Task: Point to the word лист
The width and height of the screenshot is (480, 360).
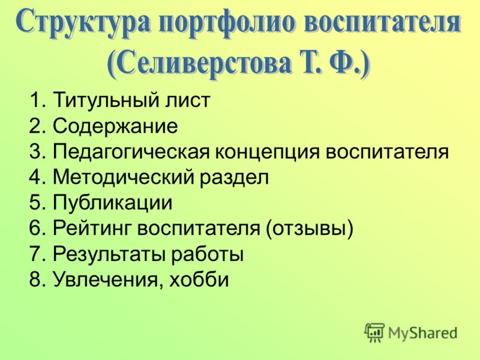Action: coord(188,100)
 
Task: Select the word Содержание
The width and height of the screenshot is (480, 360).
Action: coord(115,125)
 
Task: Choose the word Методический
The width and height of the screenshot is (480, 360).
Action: coord(124,177)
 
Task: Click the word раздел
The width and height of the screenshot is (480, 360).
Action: coord(235,178)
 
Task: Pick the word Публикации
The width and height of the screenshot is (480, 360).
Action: coord(113,203)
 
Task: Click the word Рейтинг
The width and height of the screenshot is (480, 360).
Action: coord(92,229)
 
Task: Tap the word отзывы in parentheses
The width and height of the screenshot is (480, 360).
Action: coord(310,229)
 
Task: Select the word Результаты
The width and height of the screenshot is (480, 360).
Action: coord(109,254)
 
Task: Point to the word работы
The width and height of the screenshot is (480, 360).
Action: coord(207,254)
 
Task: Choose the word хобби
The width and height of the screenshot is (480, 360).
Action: coord(199,279)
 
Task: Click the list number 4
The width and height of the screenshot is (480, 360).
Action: coord(35,177)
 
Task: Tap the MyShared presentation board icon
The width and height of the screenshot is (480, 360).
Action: coord(374,332)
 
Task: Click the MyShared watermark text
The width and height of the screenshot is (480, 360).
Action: coord(423,333)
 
